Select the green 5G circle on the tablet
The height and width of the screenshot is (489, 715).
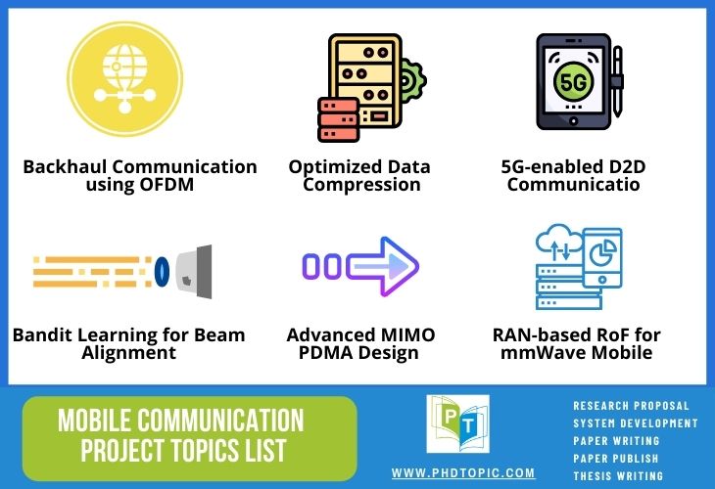pyautogui.click(x=572, y=80)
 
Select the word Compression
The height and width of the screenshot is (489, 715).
pyautogui.click(x=360, y=184)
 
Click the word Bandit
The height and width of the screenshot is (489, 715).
pyautogui.click(x=41, y=335)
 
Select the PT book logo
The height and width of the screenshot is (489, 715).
pyautogui.click(x=457, y=423)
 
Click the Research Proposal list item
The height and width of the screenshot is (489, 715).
pyautogui.click(x=631, y=406)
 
